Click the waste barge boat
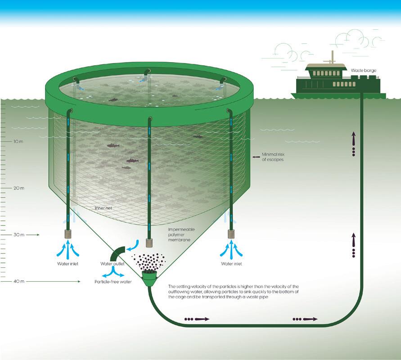(338, 84)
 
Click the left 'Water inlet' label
(68, 264)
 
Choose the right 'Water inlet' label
(231, 264)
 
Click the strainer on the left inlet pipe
(68, 234)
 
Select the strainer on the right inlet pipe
(232, 234)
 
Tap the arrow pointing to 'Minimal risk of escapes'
(256, 157)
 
